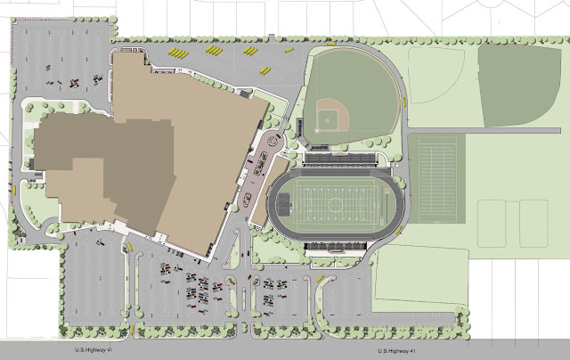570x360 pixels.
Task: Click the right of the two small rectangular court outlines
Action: point(533,223)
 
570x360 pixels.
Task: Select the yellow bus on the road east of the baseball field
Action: point(402,102)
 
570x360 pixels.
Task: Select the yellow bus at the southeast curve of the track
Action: point(397,233)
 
